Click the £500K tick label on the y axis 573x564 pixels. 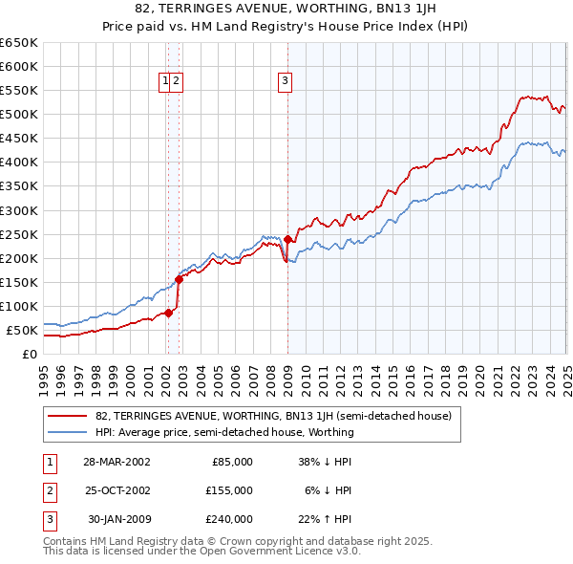coord(18,115)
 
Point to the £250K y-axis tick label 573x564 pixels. coord(18,234)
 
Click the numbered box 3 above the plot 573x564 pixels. coord(286,82)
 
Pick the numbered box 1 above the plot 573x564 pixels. coord(166,82)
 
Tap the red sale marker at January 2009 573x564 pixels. coord(287,239)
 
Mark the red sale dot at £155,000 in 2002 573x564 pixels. coord(179,279)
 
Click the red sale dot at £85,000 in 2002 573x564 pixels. coord(168,313)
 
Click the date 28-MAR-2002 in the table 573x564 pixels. coord(117,462)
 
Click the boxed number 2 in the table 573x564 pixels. coord(49,490)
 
